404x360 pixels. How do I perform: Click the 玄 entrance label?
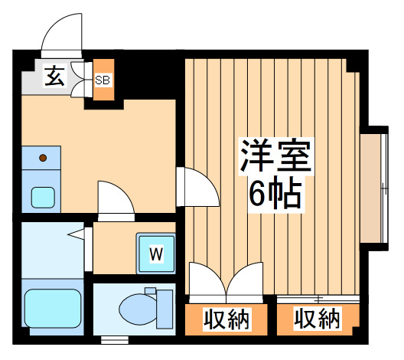pos(54,76)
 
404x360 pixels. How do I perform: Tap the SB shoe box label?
pos(103,80)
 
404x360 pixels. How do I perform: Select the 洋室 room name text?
pos(275,155)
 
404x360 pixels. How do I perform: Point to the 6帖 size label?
pos(275,193)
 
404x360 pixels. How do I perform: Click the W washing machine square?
pos(156,254)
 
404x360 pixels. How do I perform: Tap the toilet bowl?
pos(138,308)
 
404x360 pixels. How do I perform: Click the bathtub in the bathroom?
pos(53,308)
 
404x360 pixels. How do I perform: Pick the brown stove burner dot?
pos(43,158)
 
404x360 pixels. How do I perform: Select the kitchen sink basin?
pos(43,198)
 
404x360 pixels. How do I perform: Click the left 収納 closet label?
pos(226,319)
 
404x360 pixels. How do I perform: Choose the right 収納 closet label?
pos(318,319)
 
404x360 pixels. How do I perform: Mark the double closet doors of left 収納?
pos(226,282)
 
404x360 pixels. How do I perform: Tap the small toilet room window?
pos(115,340)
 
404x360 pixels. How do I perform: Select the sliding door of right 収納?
pos(318,299)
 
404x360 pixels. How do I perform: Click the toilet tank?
pos(165,309)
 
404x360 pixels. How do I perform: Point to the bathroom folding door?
pos(88,249)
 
